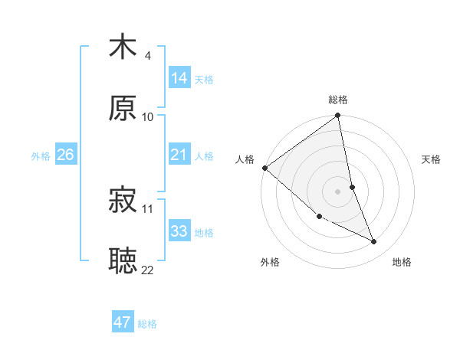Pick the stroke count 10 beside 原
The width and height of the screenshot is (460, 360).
[x=148, y=116]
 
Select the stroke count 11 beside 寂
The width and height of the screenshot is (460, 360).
[x=148, y=208]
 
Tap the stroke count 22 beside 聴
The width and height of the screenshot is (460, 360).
[x=148, y=270]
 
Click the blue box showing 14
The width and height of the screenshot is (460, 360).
[x=179, y=77]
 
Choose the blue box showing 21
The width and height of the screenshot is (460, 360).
[x=179, y=155]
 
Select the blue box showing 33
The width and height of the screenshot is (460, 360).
[x=179, y=231]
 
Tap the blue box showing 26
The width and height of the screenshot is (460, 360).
[x=66, y=155]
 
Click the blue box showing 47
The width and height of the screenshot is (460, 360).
[x=123, y=322]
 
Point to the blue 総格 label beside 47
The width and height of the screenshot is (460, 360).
[x=147, y=324]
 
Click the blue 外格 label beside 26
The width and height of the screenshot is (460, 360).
[x=41, y=156]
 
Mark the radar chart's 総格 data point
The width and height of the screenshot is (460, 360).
[x=338, y=116]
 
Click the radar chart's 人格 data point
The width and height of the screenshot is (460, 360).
[x=264, y=168]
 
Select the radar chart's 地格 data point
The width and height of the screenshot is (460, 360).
[x=374, y=241]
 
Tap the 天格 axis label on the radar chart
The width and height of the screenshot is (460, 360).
[x=432, y=159]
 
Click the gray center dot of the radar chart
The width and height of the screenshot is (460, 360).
[x=338, y=191]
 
